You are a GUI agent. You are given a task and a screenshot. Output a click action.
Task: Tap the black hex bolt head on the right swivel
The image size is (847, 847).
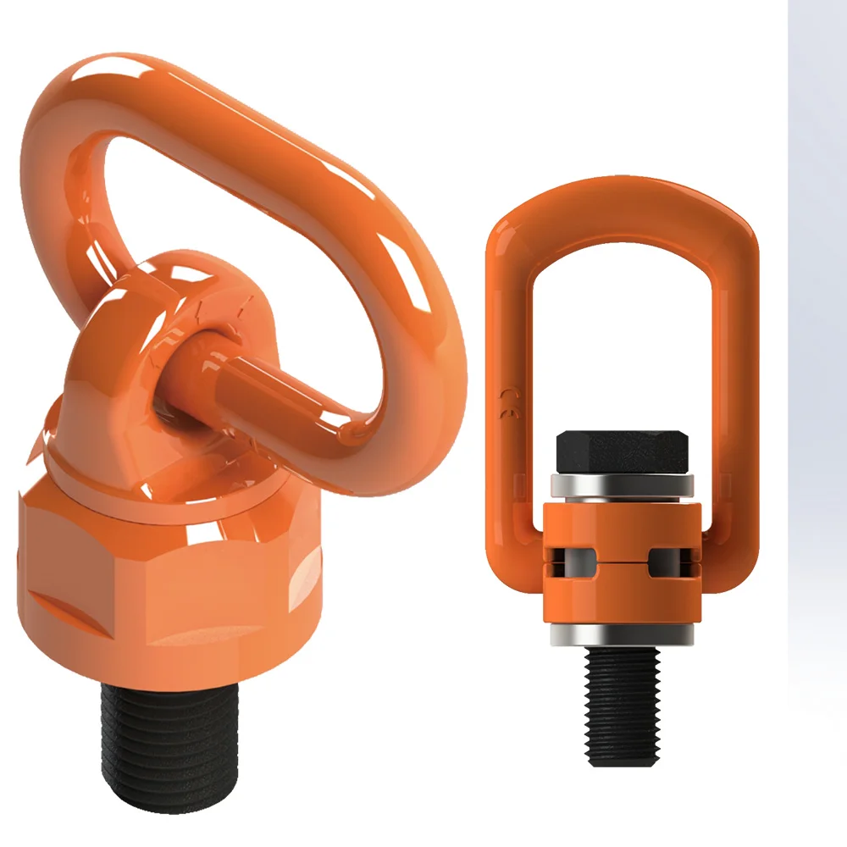(x=623, y=452)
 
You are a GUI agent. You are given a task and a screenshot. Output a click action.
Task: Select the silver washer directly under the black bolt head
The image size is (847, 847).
(x=623, y=485)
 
